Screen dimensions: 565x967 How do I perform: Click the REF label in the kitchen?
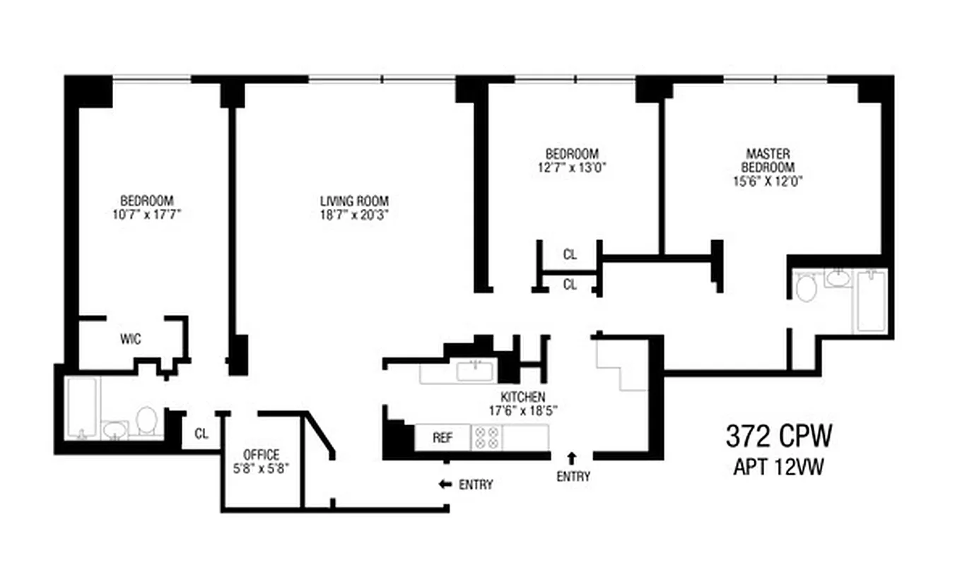[x=443, y=437]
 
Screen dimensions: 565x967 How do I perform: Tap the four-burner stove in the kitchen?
[x=486, y=437]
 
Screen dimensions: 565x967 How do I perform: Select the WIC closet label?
[x=130, y=340]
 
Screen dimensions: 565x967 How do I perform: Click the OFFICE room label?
[x=262, y=454]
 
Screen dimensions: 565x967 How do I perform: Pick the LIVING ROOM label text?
[x=354, y=201]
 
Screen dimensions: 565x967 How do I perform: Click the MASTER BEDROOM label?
[x=768, y=160]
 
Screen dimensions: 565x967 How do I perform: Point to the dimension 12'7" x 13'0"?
[x=572, y=168]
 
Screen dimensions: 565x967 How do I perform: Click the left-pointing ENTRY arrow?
[x=445, y=484]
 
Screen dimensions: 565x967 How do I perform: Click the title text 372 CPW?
[x=778, y=437]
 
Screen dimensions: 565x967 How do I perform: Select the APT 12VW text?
[x=778, y=468]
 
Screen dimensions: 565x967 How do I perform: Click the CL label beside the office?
[x=201, y=434]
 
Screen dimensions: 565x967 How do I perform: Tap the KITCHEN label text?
[x=523, y=398]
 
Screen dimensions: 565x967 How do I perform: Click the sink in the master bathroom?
[x=838, y=278]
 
